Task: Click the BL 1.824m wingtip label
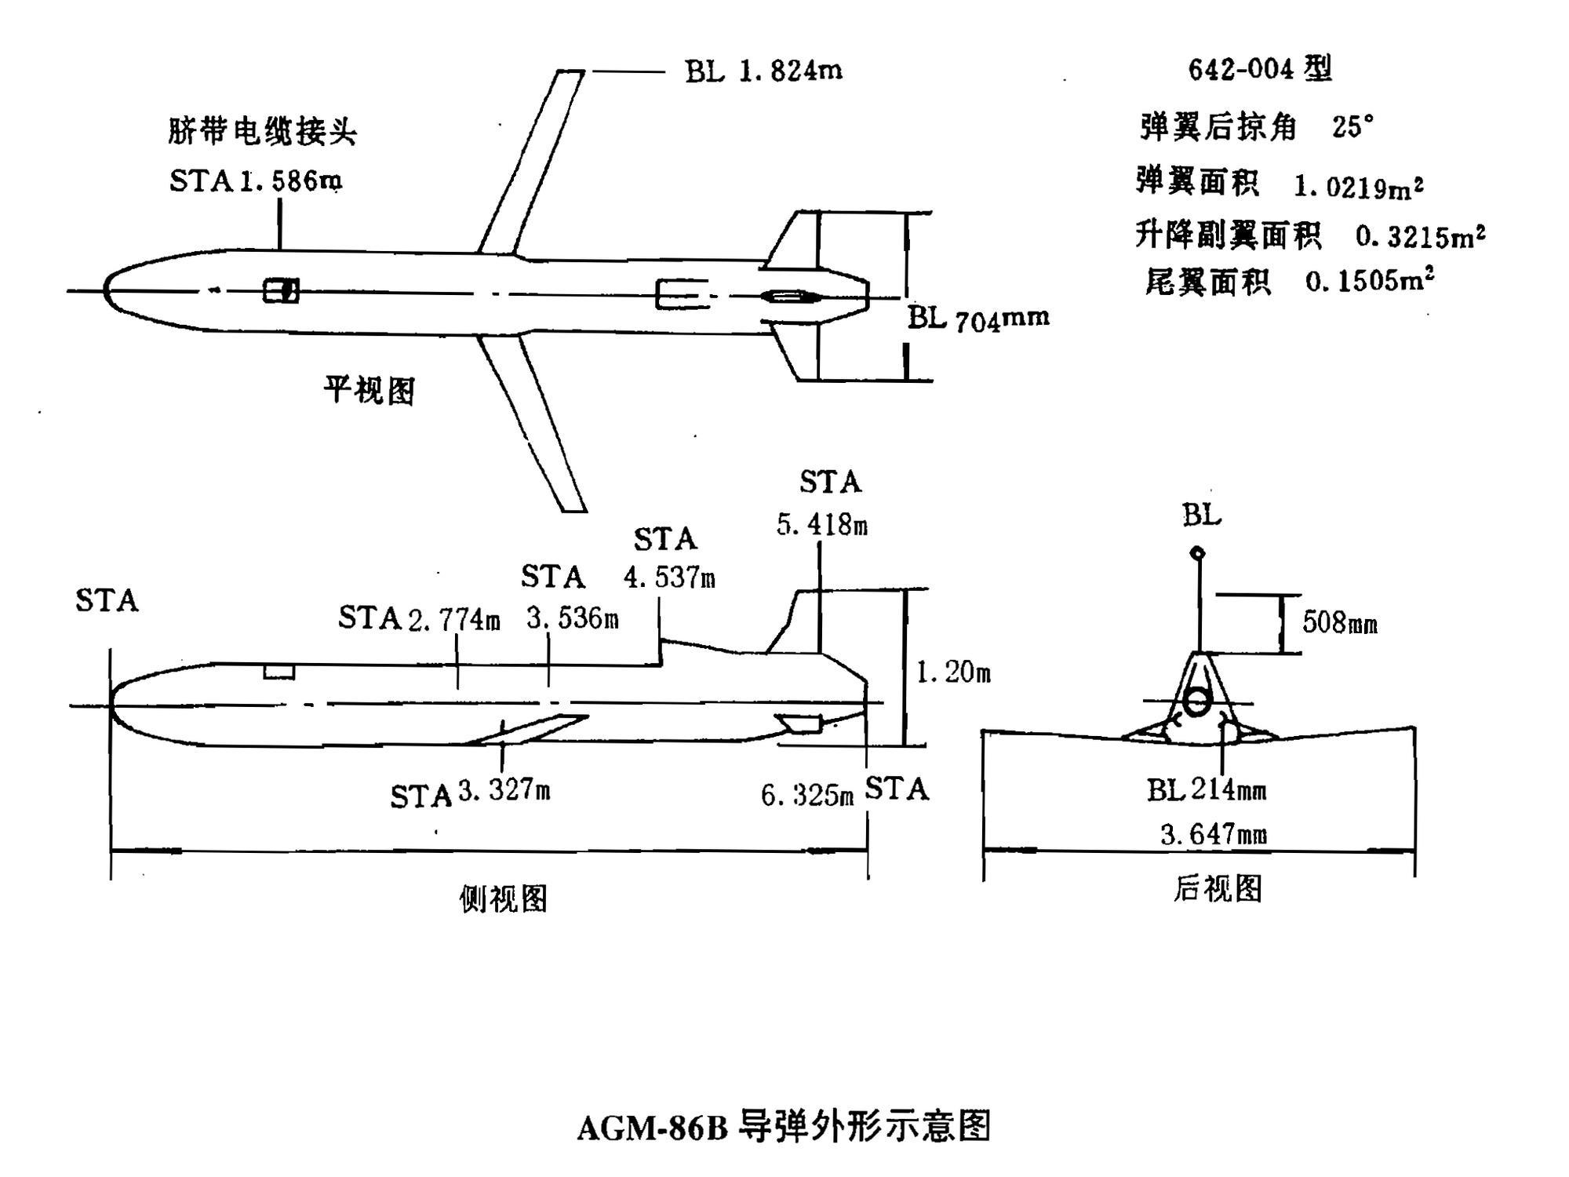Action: coord(763,71)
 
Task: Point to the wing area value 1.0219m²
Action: coord(1358,187)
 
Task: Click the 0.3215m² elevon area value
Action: coord(1420,236)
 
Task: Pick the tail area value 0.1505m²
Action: coord(1370,281)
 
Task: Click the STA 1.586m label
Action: coord(256,182)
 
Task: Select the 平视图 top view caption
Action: coord(369,390)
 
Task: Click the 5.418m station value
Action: coord(822,525)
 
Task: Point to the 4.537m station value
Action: coord(669,578)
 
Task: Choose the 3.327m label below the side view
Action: coord(504,790)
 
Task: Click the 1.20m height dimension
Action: coord(953,672)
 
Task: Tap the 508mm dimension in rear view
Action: coord(1339,623)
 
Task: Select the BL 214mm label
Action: coord(1207,789)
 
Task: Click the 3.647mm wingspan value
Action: coord(1213,834)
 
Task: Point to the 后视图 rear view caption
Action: coord(1217,889)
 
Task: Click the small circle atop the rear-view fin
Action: coord(1197,553)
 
